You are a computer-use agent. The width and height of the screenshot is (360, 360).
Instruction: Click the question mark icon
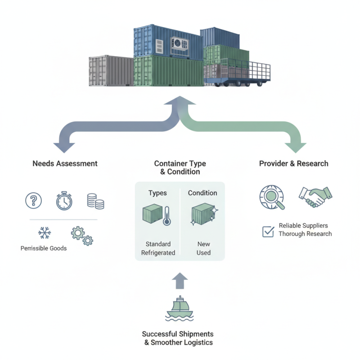[x=33, y=200]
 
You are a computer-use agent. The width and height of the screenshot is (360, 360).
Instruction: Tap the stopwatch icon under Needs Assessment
[x=64, y=201]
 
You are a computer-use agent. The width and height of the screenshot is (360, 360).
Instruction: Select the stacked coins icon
[x=95, y=201]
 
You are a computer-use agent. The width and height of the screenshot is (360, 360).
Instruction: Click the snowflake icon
[x=44, y=233]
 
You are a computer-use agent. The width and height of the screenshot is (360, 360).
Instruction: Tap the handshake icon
[x=315, y=197]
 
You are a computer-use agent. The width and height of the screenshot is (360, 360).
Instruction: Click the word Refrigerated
[x=158, y=252]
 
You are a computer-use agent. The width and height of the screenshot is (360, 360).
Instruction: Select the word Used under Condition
[x=203, y=252]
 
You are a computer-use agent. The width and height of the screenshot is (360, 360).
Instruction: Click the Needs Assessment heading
[x=65, y=163]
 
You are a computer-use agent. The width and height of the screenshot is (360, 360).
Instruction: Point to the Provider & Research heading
[x=293, y=163]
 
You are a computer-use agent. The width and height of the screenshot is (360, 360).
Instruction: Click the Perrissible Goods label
[x=44, y=248]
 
